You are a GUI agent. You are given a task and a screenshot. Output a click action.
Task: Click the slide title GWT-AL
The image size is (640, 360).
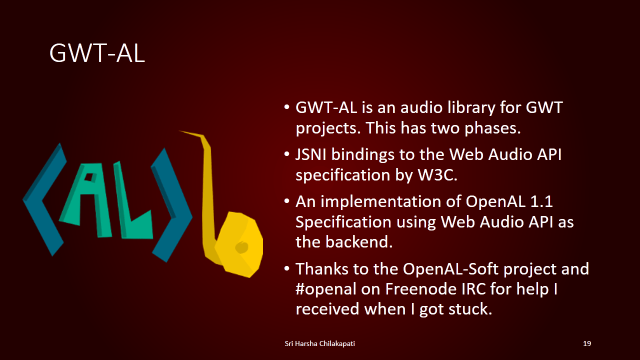pos(97,53)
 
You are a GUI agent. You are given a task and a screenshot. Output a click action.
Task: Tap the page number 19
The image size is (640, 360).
pos(587,343)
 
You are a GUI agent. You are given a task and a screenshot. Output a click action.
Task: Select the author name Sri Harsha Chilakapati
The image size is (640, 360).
pos(319,343)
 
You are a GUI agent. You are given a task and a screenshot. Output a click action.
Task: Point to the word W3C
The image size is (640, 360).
pos(437,175)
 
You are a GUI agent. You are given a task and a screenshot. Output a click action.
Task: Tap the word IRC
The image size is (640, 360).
pos(473,289)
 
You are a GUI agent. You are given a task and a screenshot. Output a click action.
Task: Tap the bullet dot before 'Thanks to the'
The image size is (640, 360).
pos(287,268)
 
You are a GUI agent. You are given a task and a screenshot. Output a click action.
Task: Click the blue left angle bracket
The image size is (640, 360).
pos(45,199)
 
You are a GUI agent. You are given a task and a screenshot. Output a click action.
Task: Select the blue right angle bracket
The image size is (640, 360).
pos(171,205)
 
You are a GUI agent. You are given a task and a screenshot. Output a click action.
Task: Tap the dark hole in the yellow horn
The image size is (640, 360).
pos(242,247)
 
